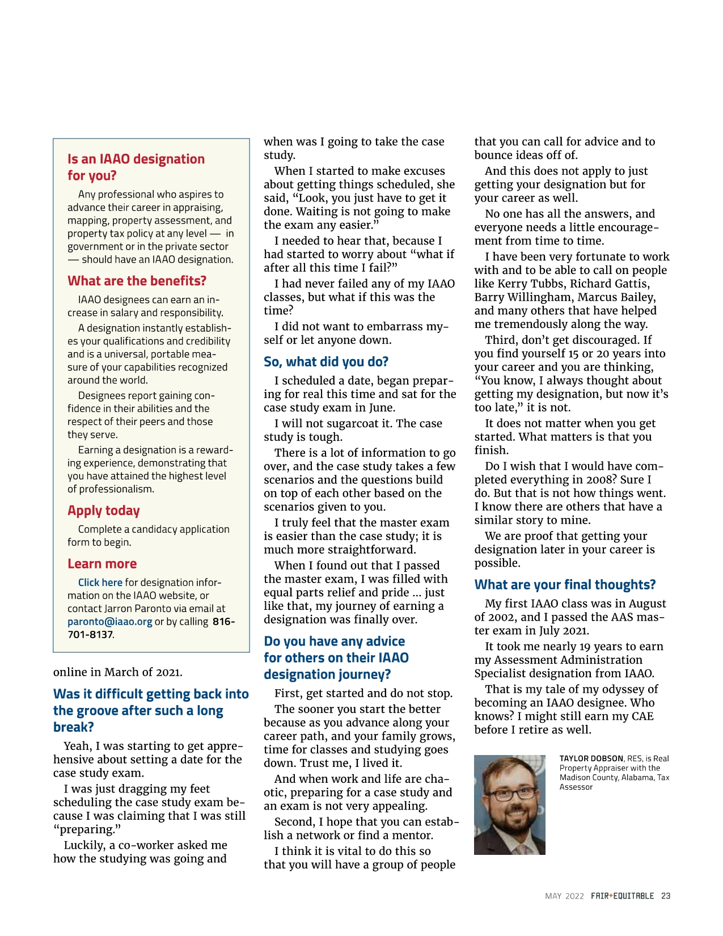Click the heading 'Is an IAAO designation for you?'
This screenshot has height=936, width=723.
point(136,167)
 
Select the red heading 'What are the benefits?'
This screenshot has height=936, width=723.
point(137,281)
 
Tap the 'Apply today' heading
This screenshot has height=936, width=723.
point(104,511)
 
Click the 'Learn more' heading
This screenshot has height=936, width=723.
point(102,564)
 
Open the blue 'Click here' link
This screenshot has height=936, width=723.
point(100,583)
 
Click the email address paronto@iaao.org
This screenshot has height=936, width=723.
point(110,622)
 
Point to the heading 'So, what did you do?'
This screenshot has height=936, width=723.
point(326,362)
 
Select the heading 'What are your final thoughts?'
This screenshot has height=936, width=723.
point(565,585)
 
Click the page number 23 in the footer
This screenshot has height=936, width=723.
point(666,896)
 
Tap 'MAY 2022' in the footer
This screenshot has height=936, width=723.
point(564,896)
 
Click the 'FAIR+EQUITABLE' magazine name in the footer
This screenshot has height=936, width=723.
point(622,896)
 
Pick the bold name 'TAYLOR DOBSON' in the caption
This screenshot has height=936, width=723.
point(591,758)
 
